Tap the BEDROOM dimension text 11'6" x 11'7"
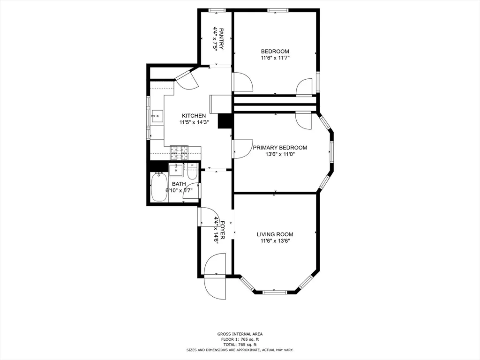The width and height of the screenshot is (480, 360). pyautogui.click(x=275, y=58)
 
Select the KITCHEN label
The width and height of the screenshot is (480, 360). pyautogui.click(x=194, y=116)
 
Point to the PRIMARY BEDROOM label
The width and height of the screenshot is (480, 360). pyautogui.click(x=280, y=148)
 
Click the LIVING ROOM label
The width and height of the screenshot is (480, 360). pyautogui.click(x=275, y=234)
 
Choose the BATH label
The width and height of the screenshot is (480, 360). pyautogui.click(x=179, y=184)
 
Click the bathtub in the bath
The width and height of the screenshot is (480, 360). pyautogui.click(x=159, y=187)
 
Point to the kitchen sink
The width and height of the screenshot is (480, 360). pyautogui.click(x=157, y=115)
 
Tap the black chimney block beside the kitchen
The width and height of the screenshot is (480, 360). pyautogui.click(x=226, y=121)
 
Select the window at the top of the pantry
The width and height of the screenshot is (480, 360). pyautogui.click(x=217, y=10)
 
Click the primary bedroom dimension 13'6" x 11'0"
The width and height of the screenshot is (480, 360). pyautogui.click(x=280, y=154)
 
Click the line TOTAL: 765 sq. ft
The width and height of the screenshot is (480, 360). pyautogui.click(x=240, y=345)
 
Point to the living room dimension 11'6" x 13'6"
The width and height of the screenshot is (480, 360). pyautogui.click(x=275, y=241)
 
